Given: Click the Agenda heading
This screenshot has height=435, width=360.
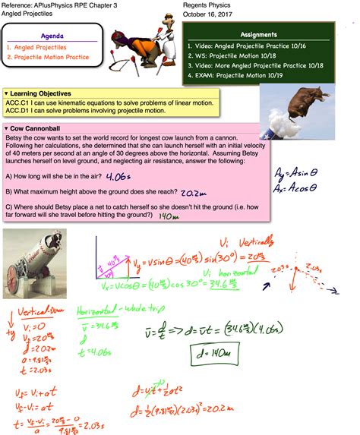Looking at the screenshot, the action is click(51, 36).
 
